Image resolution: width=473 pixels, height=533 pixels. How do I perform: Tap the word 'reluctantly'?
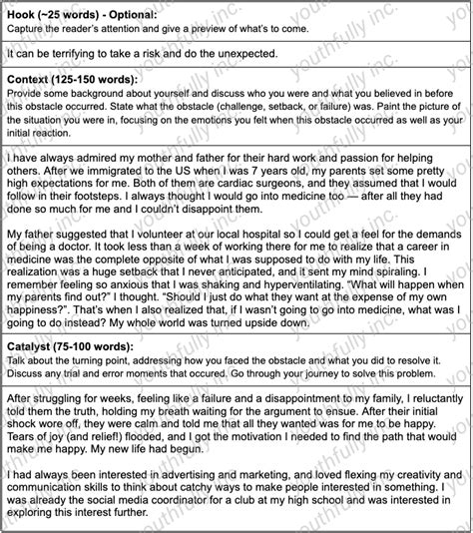coord(409,395)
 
